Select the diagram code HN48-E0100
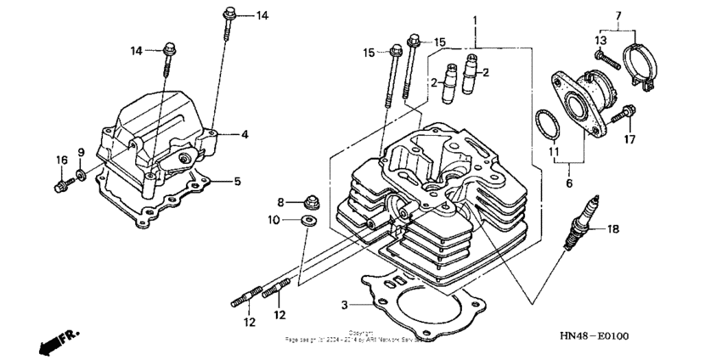click(595, 336)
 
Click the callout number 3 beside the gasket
click(344, 304)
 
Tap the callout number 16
click(62, 160)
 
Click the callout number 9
click(82, 152)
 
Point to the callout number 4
click(244, 134)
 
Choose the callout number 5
click(237, 181)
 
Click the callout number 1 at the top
click(476, 20)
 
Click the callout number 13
click(600, 40)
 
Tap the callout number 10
click(274, 221)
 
